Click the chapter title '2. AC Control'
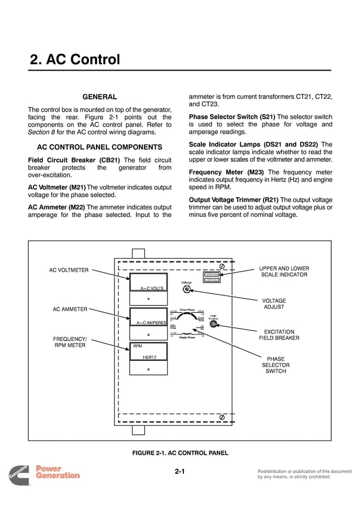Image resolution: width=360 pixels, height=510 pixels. [x=74, y=59]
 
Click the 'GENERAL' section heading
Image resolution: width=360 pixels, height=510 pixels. [x=100, y=97]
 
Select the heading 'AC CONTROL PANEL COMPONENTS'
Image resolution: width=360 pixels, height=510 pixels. [x=99, y=147]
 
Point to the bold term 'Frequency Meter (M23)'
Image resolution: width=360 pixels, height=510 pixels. [x=226, y=172]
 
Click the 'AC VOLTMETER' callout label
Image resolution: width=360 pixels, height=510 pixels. [x=69, y=270]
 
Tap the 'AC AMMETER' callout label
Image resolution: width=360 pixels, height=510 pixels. [x=70, y=309]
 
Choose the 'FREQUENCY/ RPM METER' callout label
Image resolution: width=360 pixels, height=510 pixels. [x=69, y=342]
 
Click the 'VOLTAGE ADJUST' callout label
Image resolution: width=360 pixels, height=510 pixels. [x=274, y=304]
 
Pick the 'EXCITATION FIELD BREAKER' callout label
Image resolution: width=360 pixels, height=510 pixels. [x=279, y=335]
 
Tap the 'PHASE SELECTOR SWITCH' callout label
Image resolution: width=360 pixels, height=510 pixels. [x=275, y=365]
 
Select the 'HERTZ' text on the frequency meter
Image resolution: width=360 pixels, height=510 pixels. [x=150, y=357]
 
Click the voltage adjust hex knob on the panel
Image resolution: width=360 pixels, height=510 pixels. [x=186, y=290]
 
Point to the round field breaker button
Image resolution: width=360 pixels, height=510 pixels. [x=213, y=324]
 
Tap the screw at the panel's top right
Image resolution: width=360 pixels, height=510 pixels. [x=222, y=265]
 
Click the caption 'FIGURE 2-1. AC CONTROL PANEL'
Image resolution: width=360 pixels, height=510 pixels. [x=179, y=453]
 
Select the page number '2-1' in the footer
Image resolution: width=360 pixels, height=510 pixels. [x=179, y=472]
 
